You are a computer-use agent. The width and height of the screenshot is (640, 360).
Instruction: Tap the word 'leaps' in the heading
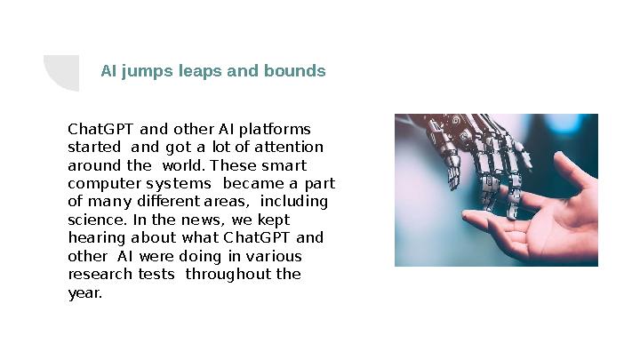[201, 71]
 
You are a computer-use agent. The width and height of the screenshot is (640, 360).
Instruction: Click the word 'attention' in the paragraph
[290, 147]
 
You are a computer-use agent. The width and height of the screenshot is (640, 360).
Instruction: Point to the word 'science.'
[96, 220]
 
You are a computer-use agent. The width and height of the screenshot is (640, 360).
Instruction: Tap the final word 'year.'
[85, 292]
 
